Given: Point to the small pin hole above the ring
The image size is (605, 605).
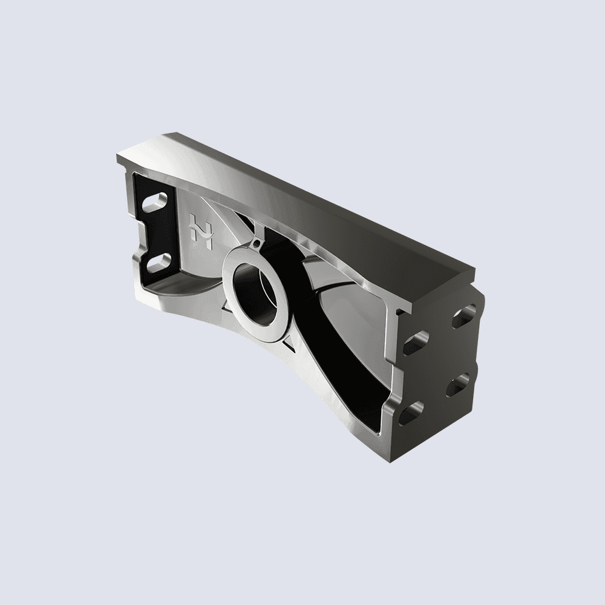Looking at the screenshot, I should [x=257, y=245].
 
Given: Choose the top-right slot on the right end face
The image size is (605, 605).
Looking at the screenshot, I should [x=463, y=316].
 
